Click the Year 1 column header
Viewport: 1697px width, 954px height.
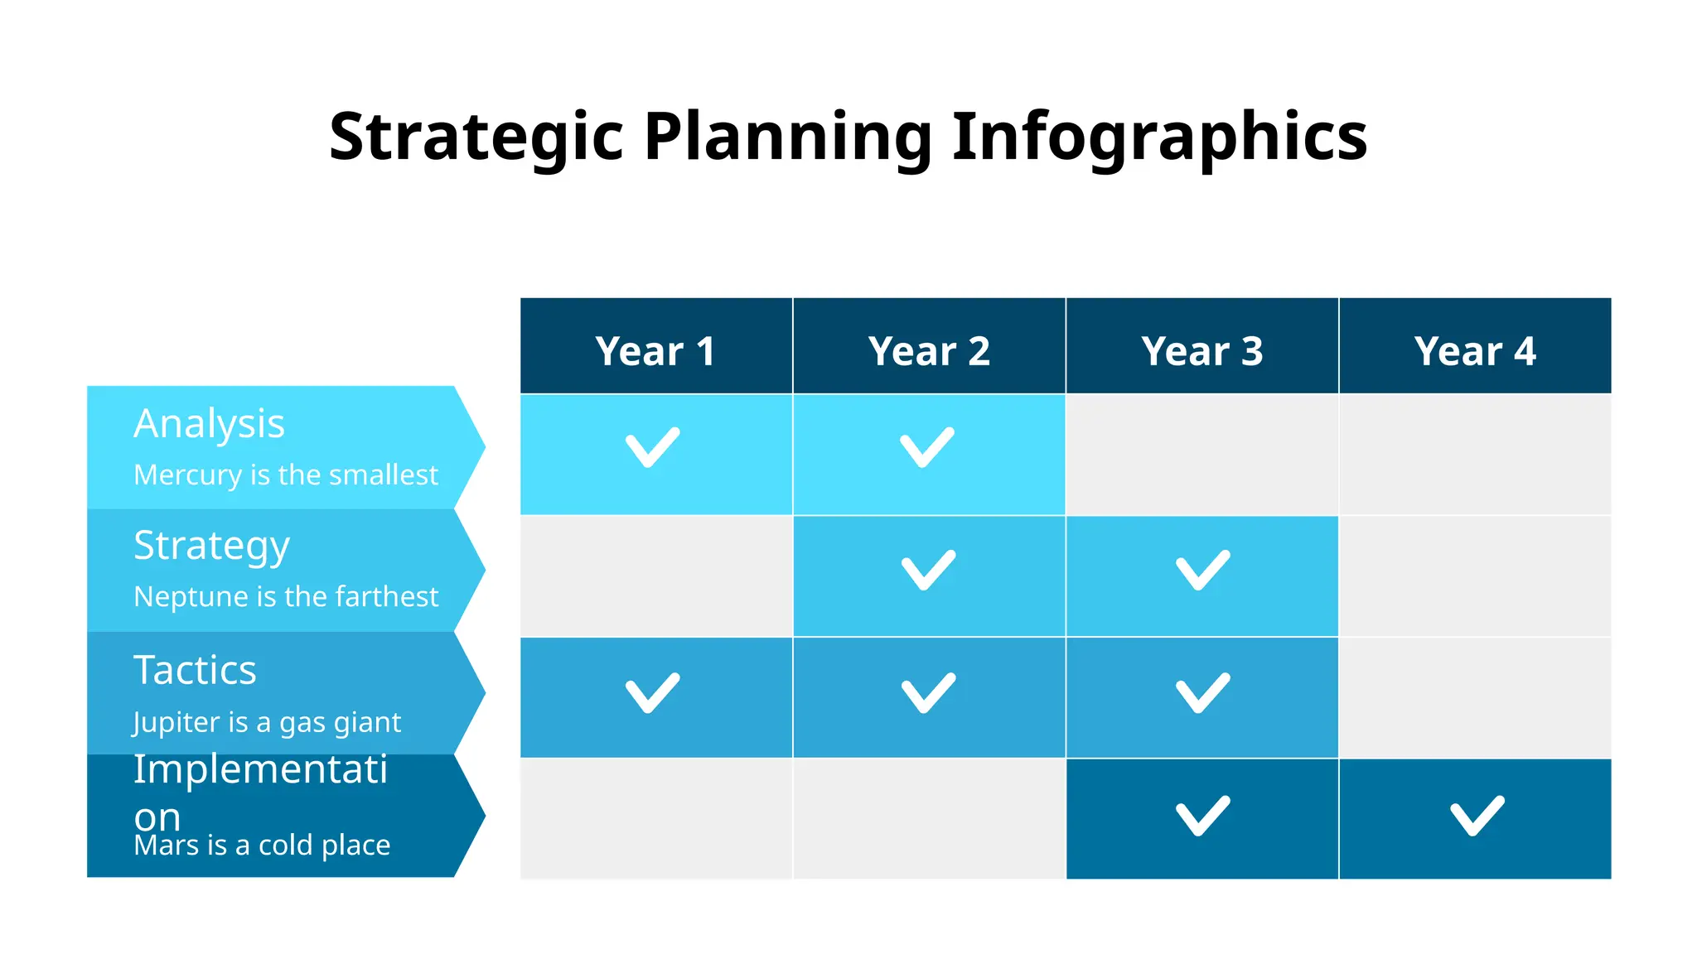[x=655, y=350]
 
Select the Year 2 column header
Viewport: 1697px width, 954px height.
[x=929, y=350]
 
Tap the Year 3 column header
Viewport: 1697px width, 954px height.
[x=1201, y=350]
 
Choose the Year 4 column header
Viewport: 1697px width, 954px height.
[x=1475, y=350]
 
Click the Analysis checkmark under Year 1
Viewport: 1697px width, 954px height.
[x=652, y=448]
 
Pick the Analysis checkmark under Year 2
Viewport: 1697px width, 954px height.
[x=927, y=448]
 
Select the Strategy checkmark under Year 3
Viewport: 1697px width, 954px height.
[x=1202, y=571]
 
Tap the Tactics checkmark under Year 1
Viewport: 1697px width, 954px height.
[x=652, y=693]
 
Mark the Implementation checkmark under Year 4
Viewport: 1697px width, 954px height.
[x=1477, y=816]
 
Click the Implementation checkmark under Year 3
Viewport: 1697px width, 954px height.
[x=1202, y=816]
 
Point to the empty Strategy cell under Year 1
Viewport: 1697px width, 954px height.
[x=655, y=576]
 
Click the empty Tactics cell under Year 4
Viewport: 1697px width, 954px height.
[x=1475, y=697]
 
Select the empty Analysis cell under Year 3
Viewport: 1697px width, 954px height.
[x=1201, y=454]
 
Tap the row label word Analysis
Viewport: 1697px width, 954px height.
[x=209, y=424]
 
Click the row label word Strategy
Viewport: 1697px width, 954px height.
[x=211, y=547]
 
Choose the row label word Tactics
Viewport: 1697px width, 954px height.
[x=195, y=670]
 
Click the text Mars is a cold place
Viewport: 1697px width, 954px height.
[x=262, y=845]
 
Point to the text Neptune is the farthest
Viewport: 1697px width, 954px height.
[x=286, y=596]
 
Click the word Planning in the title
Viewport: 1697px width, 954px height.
[x=788, y=137]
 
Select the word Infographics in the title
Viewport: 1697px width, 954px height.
[x=1158, y=137]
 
